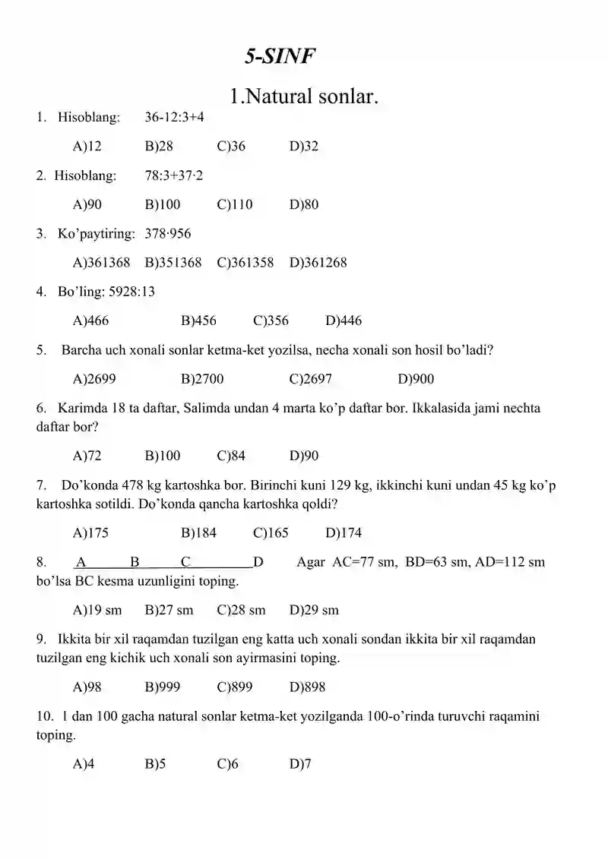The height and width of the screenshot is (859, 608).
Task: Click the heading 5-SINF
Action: [x=279, y=55]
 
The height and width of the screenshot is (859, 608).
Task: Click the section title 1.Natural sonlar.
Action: [x=304, y=96]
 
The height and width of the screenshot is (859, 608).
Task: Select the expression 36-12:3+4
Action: [x=174, y=117]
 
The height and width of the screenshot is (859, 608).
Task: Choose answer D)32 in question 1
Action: [x=304, y=147]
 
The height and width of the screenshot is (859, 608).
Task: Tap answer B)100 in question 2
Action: [x=162, y=204]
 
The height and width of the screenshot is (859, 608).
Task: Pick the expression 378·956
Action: [x=168, y=234]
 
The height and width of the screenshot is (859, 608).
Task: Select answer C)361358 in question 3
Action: [x=245, y=263]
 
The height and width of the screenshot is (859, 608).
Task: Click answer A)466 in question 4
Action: [x=90, y=321]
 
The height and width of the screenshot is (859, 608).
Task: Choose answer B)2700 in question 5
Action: [x=202, y=379]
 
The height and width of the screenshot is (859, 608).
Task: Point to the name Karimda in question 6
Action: [x=81, y=408]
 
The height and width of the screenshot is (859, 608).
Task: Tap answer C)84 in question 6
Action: [x=231, y=456]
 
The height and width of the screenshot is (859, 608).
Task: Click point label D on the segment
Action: [x=258, y=562]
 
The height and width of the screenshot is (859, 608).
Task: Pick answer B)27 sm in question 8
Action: [x=169, y=610]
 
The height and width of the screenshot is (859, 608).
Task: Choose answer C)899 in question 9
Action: [x=235, y=687]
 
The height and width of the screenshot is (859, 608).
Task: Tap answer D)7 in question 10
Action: [x=300, y=764]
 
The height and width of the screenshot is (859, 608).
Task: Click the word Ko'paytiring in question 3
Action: [x=97, y=234]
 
